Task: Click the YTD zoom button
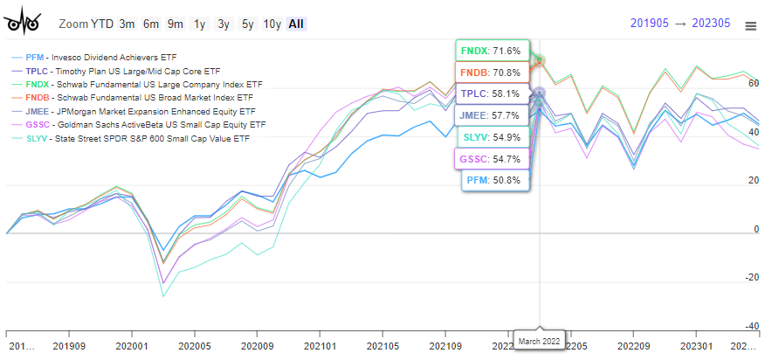pyautogui.click(x=102, y=24)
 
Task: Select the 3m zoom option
pyautogui.click(x=127, y=24)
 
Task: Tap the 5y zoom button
pyautogui.click(x=247, y=24)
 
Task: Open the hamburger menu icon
pyautogui.click(x=750, y=26)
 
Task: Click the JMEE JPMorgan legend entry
pyautogui.click(x=128, y=112)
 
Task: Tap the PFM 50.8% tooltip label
pyautogui.click(x=494, y=180)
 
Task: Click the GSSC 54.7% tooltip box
pyautogui.click(x=492, y=159)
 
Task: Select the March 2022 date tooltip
pyautogui.click(x=539, y=339)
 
